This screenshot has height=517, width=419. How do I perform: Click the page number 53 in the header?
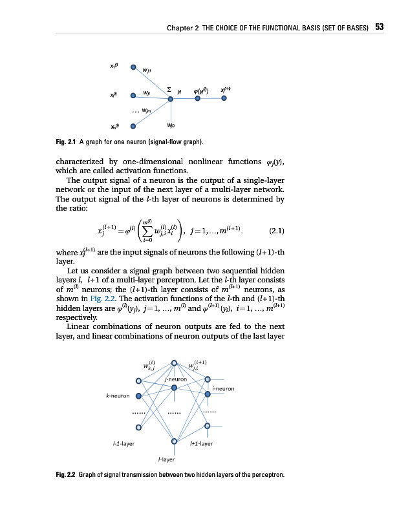(x=380, y=27)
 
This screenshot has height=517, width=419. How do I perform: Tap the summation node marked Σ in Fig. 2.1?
(x=171, y=99)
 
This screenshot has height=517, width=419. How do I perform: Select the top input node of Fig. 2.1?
(x=133, y=67)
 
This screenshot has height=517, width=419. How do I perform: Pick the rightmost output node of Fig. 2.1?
(x=224, y=99)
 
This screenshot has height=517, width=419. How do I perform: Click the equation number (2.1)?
(x=276, y=229)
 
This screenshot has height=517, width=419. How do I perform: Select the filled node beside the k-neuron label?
(x=138, y=396)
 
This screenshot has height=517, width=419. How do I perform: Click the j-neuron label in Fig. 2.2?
(x=176, y=379)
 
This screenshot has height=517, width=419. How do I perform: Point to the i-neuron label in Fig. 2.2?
(x=222, y=388)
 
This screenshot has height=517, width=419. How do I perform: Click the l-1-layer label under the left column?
(x=124, y=444)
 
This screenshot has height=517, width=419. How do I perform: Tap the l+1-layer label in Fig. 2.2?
(x=201, y=444)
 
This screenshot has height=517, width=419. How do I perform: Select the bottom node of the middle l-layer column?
(x=174, y=442)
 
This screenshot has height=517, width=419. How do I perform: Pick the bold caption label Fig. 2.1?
(x=67, y=142)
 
